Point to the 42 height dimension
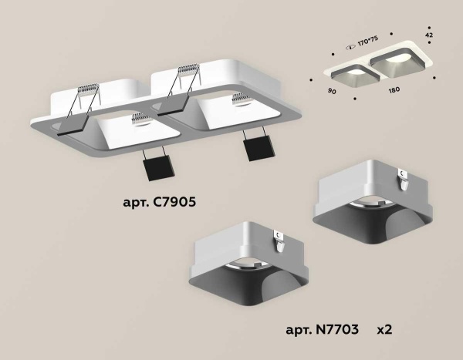(428, 35)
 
